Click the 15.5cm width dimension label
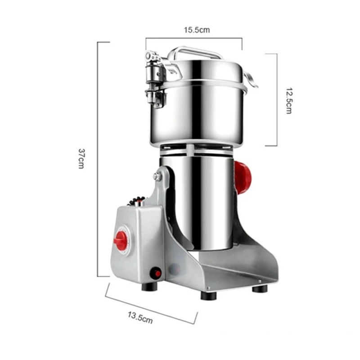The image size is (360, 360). pyautogui.click(x=197, y=30)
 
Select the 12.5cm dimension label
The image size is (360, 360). pyautogui.click(x=289, y=100)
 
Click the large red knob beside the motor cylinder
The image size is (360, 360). pyautogui.click(x=243, y=177)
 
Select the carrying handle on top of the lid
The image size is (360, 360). pyautogui.click(x=195, y=53)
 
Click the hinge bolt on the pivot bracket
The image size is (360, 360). pyautogui.click(x=157, y=176)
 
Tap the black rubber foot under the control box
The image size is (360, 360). pyautogui.click(x=149, y=287)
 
